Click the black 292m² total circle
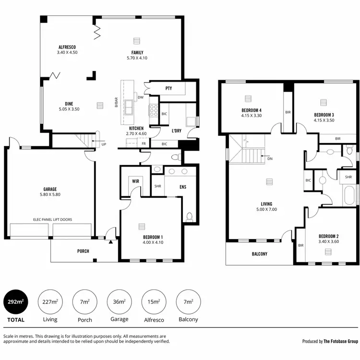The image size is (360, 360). point(16,303)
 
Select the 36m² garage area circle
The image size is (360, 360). point(119,303)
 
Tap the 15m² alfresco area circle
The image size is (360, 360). point(154,303)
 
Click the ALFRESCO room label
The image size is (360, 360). point(67,47)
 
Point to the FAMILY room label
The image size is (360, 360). point(137,53)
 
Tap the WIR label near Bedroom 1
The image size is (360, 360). point(136,181)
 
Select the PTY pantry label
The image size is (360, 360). point(168,88)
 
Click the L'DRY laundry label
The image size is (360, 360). point(177,131)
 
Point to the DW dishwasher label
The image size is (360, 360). point(141,97)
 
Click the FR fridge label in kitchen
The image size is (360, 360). point(144,144)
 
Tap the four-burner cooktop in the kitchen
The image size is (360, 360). point(155,111)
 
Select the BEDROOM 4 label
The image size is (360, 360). point(251,110)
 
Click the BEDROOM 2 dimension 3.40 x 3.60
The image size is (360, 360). point(329,242)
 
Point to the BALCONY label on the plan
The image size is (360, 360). point(259,254)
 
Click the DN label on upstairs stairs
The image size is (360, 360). point(270,158)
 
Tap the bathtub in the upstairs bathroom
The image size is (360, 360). point(349,196)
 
